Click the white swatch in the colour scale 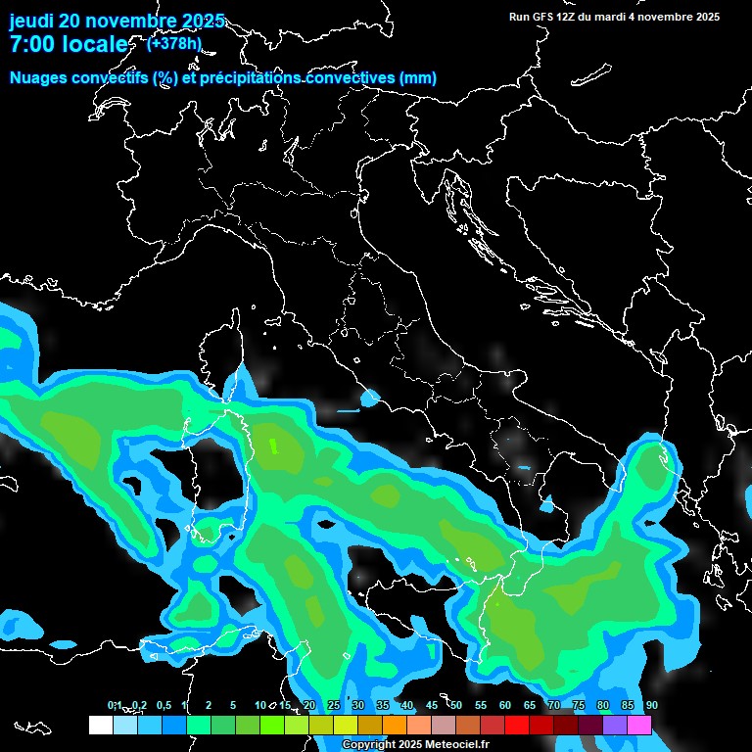100,725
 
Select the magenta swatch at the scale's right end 639,725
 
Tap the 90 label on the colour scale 651,705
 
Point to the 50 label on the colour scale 455,705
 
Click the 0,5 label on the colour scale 163,705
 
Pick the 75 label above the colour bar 578,705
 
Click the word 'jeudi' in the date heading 31,21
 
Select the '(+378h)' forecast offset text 174,43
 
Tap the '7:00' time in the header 30,44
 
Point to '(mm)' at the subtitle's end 417,78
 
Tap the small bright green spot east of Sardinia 274,446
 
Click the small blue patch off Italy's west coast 369,399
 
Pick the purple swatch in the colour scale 615,725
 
